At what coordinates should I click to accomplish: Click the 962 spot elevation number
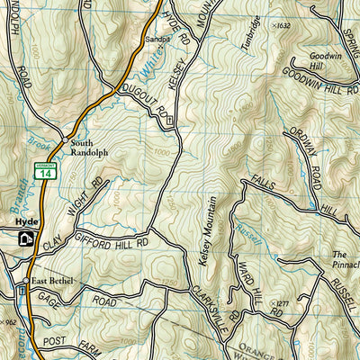pos(10,321)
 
